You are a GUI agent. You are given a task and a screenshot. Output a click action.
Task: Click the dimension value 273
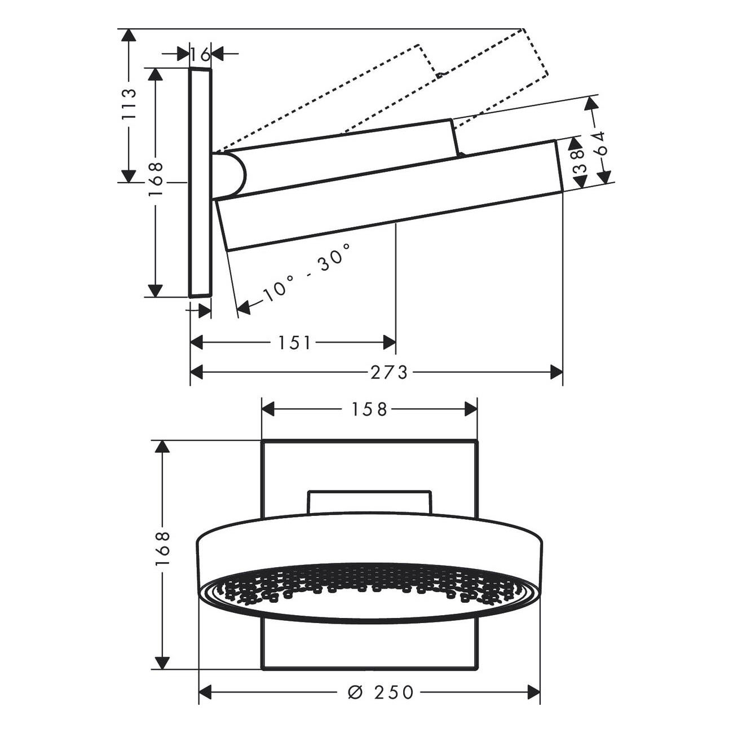click(x=389, y=372)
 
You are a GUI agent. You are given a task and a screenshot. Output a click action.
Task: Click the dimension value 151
click(x=294, y=342)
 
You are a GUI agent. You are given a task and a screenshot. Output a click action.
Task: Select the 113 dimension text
click(x=130, y=104)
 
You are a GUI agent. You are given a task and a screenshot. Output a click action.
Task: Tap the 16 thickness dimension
click(x=200, y=55)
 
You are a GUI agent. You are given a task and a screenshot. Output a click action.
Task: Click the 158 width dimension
click(x=370, y=409)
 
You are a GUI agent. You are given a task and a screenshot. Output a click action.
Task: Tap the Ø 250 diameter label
click(x=381, y=692)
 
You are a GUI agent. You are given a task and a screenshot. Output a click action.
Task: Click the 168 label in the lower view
click(x=162, y=549)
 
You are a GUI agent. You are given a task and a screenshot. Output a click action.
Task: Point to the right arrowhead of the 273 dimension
click(x=557, y=372)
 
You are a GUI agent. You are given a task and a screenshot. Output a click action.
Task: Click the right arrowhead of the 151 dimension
click(x=390, y=342)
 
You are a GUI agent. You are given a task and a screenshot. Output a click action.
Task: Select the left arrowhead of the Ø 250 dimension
click(x=206, y=692)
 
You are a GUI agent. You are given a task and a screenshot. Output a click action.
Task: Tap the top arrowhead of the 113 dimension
click(x=129, y=36)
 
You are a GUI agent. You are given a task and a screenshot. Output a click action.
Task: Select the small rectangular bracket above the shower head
click(x=369, y=501)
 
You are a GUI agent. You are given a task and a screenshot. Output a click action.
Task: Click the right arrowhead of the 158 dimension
click(x=471, y=409)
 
